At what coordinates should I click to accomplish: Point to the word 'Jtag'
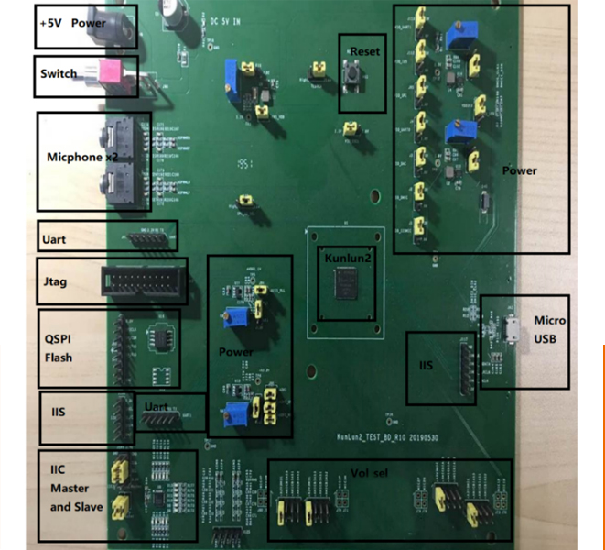tap(56, 282)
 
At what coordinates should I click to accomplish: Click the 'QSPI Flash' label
tap(59, 349)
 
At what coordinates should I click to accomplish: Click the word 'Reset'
tap(364, 51)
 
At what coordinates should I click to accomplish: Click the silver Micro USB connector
tap(513, 327)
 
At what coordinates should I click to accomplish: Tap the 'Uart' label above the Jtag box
tap(54, 239)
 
